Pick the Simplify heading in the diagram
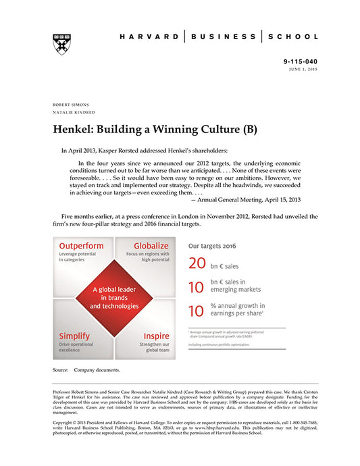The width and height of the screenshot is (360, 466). point(76,336)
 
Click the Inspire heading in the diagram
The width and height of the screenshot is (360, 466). point(157,336)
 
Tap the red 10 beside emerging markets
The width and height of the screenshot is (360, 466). point(197,287)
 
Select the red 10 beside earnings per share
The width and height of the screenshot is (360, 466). point(197,311)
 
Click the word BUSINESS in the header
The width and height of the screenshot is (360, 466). point(224,36)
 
